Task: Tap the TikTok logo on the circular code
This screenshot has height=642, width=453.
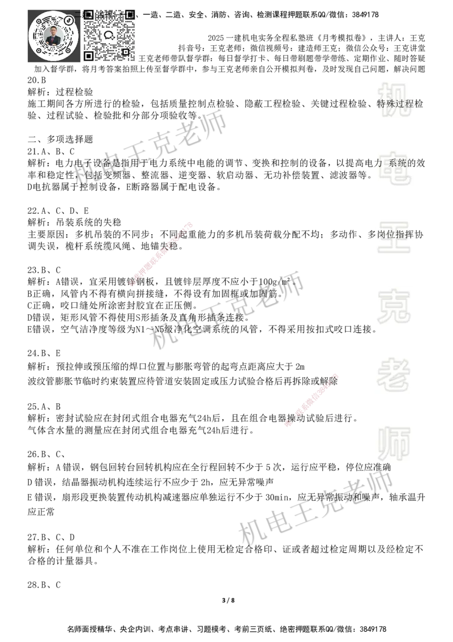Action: [69, 20]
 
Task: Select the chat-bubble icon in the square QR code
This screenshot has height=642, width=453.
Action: [109, 35]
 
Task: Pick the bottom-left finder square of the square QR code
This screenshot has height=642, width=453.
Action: [88, 56]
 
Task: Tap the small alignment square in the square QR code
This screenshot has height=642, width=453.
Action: [126, 52]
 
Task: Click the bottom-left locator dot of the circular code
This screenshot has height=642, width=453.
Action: [38, 50]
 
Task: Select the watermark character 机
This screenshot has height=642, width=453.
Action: [394, 100]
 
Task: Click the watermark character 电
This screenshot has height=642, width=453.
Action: [396, 168]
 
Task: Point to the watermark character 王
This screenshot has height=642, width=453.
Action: [394, 238]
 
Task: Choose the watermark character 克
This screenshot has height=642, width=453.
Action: [394, 306]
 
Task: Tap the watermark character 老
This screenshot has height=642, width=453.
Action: [394, 374]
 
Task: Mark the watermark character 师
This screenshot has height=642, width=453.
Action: [394, 445]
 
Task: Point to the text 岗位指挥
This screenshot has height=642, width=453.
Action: [396, 234]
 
